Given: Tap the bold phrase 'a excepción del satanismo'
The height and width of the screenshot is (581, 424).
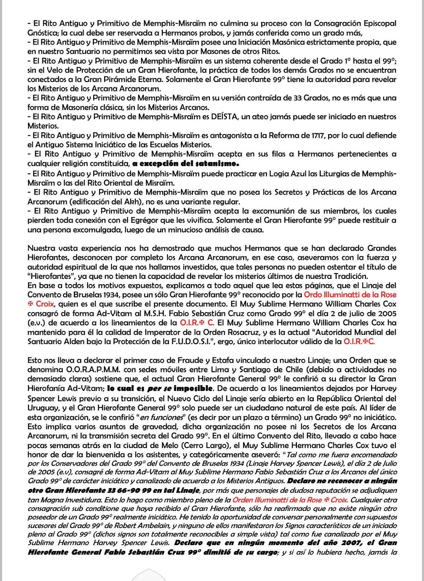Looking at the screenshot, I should click(x=185, y=163).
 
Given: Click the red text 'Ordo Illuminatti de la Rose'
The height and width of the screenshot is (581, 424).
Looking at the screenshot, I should click(x=350, y=295).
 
